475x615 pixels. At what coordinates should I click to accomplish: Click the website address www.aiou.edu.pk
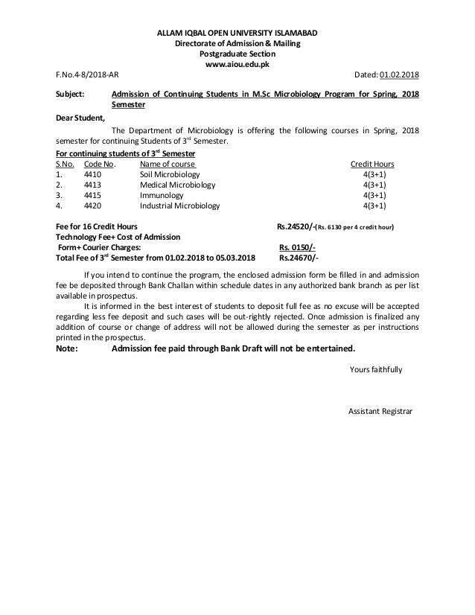pyautogui.click(x=237, y=65)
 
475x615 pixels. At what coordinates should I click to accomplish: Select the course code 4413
pyautogui.click(x=93, y=185)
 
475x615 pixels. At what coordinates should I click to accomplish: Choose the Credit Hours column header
pyautogui.click(x=372, y=164)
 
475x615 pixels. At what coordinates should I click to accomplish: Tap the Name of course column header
pyautogui.click(x=168, y=164)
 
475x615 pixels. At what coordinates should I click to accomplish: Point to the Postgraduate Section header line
pyautogui.click(x=237, y=54)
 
